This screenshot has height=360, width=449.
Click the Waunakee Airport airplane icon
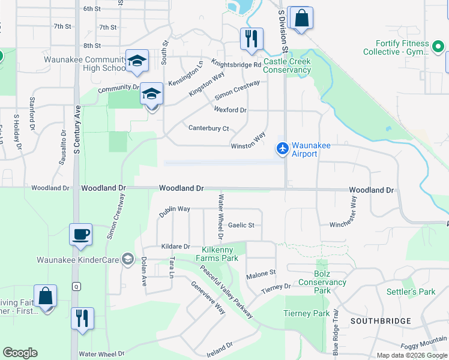point(282,148)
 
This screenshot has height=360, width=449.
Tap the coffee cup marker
point(80,235)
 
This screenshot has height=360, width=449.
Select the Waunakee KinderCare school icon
point(127,259)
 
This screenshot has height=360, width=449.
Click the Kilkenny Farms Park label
point(220,254)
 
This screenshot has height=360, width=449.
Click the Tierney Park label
point(306,313)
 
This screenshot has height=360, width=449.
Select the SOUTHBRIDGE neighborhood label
point(381,321)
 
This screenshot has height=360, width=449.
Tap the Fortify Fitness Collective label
point(403,47)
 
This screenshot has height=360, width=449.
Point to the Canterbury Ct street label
point(209,128)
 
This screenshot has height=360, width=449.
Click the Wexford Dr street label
point(230,110)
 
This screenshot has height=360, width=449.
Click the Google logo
point(20,353)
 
